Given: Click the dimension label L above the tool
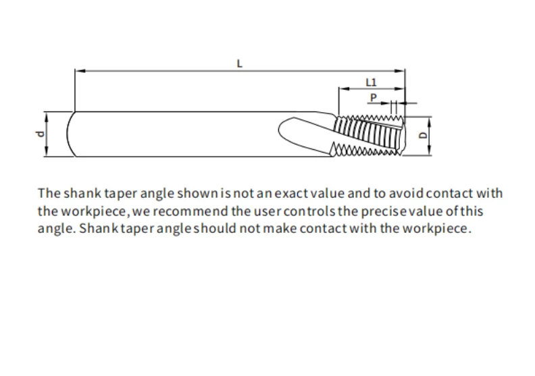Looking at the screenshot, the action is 240,63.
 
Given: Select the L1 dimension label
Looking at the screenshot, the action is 371,82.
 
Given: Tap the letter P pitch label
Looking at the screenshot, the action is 374,98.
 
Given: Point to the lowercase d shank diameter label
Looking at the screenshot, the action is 40,134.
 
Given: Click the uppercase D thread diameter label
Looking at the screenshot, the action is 423,135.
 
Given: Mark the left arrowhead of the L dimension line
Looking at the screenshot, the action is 80,71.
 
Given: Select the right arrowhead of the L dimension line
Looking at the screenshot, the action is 399,71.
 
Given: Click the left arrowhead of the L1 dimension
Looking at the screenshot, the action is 344,88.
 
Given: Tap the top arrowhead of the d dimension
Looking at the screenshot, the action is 47,117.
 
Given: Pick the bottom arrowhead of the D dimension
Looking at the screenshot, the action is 429,151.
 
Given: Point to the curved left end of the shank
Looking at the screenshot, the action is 68,134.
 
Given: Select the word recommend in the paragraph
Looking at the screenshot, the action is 190,211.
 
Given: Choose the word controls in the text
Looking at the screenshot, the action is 309,211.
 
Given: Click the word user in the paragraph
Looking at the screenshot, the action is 267,211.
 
